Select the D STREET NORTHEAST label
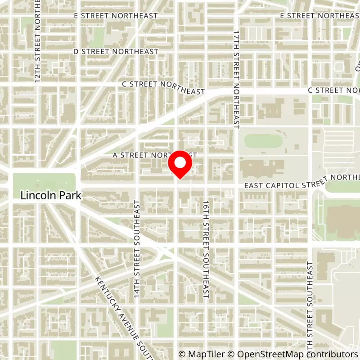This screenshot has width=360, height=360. [x=116, y=52]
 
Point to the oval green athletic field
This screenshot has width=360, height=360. [x=263, y=141]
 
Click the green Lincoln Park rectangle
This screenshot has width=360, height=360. [x=44, y=183]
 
